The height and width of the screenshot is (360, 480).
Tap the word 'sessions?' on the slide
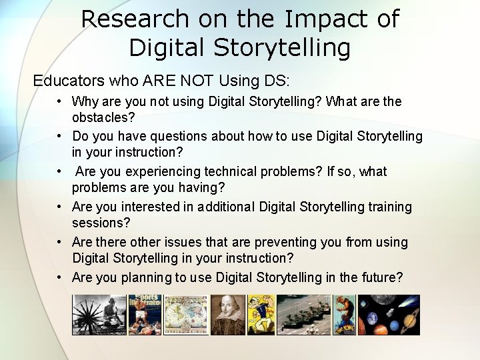[x=100, y=223]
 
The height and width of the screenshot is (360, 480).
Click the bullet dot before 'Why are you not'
[x=59, y=102]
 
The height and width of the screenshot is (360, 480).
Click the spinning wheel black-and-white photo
[x=99, y=315]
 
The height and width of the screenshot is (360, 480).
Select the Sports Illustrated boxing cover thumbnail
[x=145, y=315]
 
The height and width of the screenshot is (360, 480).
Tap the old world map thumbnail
[x=186, y=315]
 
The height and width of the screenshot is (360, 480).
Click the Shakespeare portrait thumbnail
[x=228, y=315]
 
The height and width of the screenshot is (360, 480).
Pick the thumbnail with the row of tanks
[x=303, y=315]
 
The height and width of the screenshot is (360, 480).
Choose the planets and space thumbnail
[x=389, y=315]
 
